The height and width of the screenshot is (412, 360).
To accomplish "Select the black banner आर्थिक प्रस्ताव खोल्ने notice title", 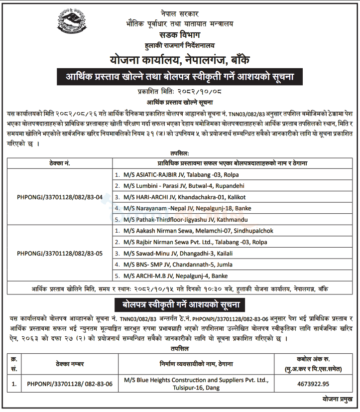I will click(180, 77).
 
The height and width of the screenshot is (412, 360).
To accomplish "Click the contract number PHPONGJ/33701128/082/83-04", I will click(60, 197).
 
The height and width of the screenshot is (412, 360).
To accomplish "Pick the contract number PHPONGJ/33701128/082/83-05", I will click(60, 253).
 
